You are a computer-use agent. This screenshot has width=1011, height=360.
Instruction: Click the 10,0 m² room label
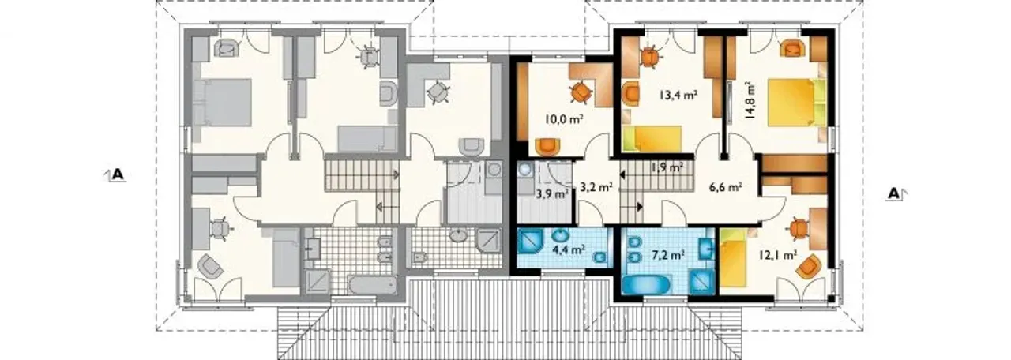pyautogui.click(x=564, y=119)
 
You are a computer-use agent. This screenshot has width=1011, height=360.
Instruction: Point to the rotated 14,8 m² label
pyautogui.click(x=750, y=100)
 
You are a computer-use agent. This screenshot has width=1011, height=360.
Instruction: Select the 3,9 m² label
pyautogui.click(x=551, y=194)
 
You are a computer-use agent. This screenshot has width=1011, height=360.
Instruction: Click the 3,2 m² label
pyautogui.click(x=596, y=186)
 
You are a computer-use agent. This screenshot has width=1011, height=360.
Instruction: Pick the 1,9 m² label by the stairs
pyautogui.click(x=667, y=167)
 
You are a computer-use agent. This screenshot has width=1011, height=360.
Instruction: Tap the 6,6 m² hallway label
pyautogui.click(x=726, y=187)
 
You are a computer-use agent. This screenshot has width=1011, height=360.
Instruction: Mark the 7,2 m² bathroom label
pyautogui.click(x=668, y=255)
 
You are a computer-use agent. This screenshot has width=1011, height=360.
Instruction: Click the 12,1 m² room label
pyautogui.click(x=777, y=255)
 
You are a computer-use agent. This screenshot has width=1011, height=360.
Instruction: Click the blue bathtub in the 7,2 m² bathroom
pyautogui.click(x=646, y=286)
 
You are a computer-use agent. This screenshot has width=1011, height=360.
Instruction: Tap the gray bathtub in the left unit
pyautogui.click(x=372, y=285)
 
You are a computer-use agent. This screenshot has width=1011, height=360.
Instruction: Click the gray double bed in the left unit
pyautogui.click(x=222, y=103)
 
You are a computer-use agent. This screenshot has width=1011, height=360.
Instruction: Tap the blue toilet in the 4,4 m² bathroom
pyautogui.click(x=599, y=258)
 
